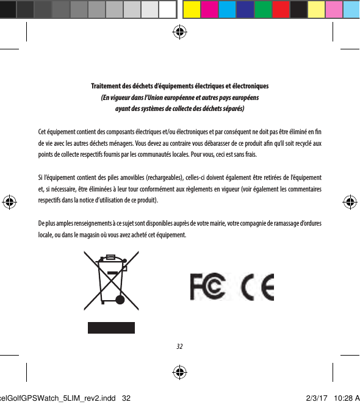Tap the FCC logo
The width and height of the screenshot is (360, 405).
(208, 286)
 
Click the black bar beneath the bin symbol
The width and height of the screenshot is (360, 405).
(110, 326)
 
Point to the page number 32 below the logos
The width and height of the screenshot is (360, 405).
(179, 347)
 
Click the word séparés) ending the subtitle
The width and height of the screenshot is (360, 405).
(232, 109)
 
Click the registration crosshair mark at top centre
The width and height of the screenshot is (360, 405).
(179, 32)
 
